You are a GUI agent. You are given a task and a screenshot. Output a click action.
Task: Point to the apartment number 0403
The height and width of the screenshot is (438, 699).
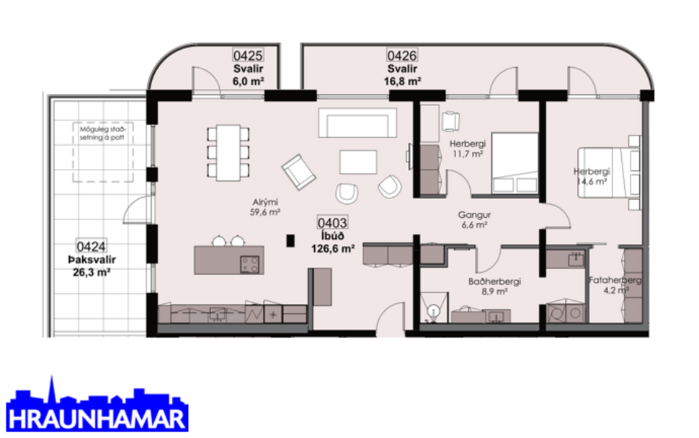[x=332, y=224]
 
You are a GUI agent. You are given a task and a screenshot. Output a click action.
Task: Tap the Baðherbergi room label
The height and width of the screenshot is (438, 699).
[x=494, y=282]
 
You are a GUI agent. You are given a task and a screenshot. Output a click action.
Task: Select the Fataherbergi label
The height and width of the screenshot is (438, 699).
[x=615, y=280]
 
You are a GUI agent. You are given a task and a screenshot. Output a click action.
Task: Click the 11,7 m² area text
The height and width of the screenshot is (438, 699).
[x=468, y=154]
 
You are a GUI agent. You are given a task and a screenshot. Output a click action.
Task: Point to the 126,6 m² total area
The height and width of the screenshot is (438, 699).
[x=332, y=249]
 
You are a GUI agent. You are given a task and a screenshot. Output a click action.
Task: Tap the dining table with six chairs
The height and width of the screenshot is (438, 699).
[x=228, y=152]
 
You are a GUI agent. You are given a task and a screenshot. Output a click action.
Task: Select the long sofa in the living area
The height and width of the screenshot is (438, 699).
[x=357, y=123]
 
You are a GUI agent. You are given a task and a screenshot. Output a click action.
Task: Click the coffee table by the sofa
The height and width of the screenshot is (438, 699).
[x=357, y=161]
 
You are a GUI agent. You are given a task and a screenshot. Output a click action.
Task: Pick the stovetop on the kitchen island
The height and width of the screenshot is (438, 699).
[x=249, y=264]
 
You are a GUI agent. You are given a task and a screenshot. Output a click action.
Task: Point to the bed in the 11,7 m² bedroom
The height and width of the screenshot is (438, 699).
[x=515, y=163]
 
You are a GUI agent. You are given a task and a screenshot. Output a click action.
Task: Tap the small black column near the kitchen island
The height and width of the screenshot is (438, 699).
[x=290, y=242]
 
